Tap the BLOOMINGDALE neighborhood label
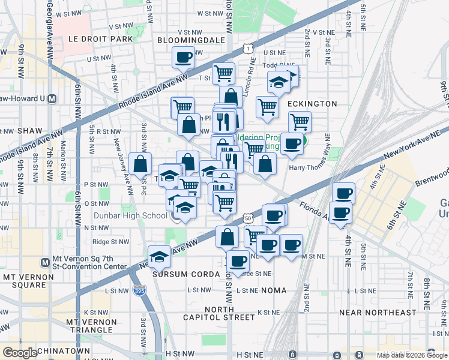tap(191, 40)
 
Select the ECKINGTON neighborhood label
tap(312, 104)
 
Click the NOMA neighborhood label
tap(273, 290)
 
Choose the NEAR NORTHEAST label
tap(385, 313)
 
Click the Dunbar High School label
tap(130, 216)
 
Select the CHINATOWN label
tap(62, 350)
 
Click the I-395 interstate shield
tap(139, 290)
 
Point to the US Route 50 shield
tap(248, 219)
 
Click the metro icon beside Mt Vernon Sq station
tap(44, 262)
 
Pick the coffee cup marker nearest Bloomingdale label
tap(183, 58)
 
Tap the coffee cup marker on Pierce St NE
tap(238, 261)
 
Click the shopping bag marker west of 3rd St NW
tap(140, 164)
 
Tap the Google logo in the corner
tap(20, 353)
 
